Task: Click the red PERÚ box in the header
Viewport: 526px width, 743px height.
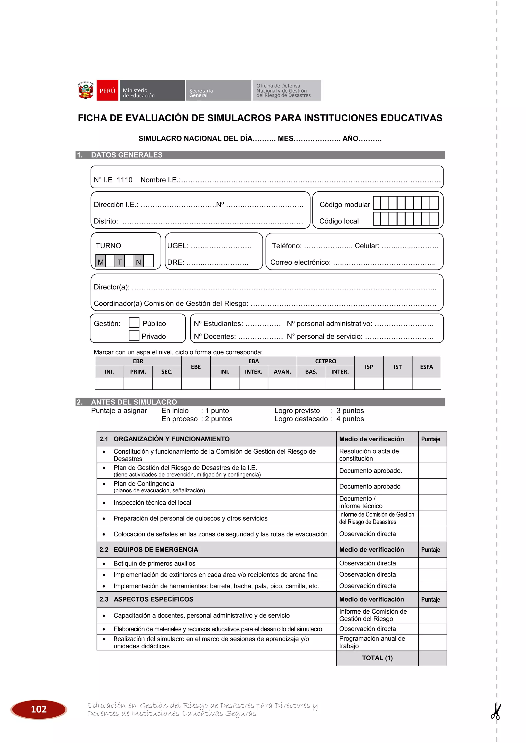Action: click(x=107, y=91)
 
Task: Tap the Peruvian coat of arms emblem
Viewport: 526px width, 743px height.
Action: click(x=86, y=91)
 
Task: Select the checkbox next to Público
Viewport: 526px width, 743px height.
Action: click(x=134, y=323)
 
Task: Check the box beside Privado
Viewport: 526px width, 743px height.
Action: click(x=134, y=335)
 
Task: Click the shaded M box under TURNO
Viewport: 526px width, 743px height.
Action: click(x=101, y=261)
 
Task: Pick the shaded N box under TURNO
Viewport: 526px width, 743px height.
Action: click(x=139, y=261)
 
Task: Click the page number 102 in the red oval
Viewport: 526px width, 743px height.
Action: click(x=39, y=709)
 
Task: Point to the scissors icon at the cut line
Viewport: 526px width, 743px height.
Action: click(x=496, y=712)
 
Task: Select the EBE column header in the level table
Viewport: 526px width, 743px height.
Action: click(x=196, y=367)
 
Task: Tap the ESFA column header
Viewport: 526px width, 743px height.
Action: click(x=426, y=367)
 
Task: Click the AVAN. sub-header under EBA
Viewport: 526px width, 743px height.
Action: click(x=282, y=372)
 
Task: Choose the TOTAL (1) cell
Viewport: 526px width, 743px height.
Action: click(x=377, y=658)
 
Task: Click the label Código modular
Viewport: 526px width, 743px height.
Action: click(x=344, y=204)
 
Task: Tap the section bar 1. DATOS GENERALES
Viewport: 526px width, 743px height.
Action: click(x=126, y=155)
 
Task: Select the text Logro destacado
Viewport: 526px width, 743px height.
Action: click(x=301, y=419)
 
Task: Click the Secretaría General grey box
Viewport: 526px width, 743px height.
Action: click(x=218, y=91)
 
